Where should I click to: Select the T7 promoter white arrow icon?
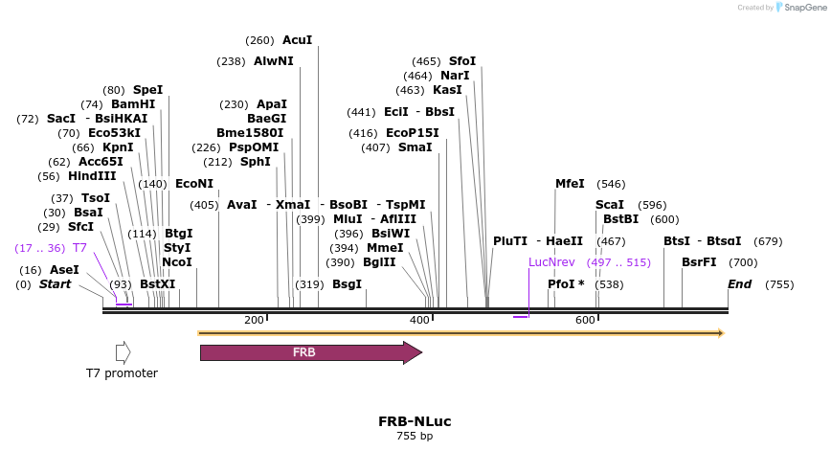click(123, 352)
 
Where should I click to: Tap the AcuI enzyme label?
click(297, 40)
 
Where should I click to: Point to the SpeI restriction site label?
click(148, 90)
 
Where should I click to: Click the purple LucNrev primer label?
click(552, 262)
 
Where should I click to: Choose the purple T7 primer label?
click(80, 248)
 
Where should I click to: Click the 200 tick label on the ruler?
click(254, 320)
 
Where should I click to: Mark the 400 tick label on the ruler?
click(419, 320)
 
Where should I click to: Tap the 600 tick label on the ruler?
click(586, 320)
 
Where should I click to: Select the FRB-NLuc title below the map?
click(415, 421)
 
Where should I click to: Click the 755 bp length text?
click(415, 437)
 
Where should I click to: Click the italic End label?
click(740, 284)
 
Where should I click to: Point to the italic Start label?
click(55, 284)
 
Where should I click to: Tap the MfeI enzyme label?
click(570, 184)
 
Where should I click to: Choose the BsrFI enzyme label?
click(699, 262)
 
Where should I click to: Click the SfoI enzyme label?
click(462, 61)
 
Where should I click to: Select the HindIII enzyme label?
click(92, 176)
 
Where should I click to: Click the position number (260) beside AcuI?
click(259, 40)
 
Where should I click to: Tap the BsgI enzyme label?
click(347, 284)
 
